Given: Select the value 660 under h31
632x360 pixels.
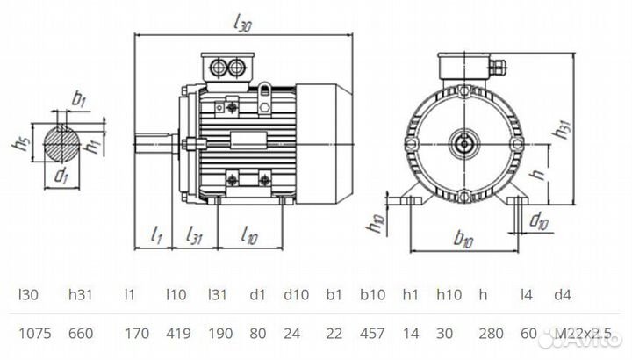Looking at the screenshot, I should point(83,334).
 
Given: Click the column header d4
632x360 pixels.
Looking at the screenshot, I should point(560,293).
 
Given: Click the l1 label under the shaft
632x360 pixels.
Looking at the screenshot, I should point(157,234).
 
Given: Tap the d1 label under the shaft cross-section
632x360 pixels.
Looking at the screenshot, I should point(61,175).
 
